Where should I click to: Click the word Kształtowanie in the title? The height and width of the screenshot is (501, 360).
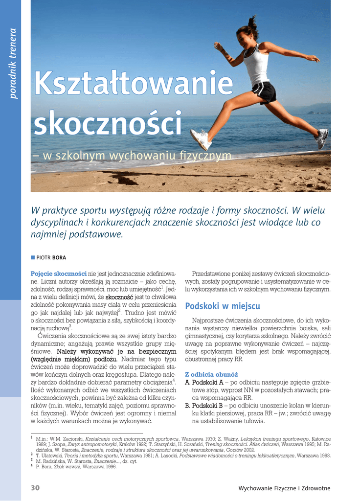(x=133, y=83)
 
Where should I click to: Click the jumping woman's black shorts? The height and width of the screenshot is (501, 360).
(x=265, y=91)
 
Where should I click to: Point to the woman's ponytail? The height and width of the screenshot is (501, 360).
(x=252, y=23)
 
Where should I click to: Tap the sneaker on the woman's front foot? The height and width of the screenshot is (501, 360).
(x=201, y=139)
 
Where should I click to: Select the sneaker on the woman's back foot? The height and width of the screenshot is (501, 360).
(x=322, y=138)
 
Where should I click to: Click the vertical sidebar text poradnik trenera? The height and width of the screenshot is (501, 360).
(x=13, y=63)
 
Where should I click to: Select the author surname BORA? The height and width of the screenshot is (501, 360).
(x=60, y=258)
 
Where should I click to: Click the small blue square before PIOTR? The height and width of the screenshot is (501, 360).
(x=33, y=257)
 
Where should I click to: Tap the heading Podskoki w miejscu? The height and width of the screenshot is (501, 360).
(x=222, y=306)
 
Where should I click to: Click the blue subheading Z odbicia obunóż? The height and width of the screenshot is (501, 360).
(x=204, y=374)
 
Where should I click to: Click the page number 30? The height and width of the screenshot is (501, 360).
(x=35, y=488)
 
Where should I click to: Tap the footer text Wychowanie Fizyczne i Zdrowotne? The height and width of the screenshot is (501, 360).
(x=284, y=488)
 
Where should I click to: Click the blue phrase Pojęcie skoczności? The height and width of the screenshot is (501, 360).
(x=59, y=273)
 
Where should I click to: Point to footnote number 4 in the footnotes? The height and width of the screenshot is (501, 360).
(x=32, y=466)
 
